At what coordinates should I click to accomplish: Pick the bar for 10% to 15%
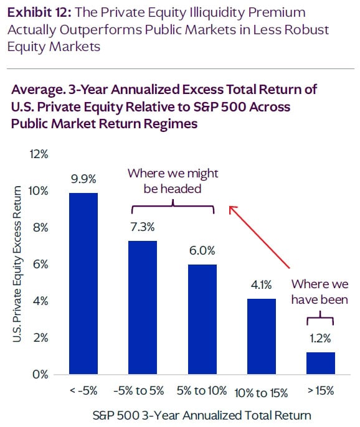(x=261, y=337)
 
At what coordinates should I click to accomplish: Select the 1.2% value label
(x=321, y=340)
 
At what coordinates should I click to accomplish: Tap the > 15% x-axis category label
(x=321, y=392)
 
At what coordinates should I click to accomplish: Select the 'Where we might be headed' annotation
(x=173, y=181)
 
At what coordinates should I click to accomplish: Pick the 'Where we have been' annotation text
(x=321, y=292)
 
